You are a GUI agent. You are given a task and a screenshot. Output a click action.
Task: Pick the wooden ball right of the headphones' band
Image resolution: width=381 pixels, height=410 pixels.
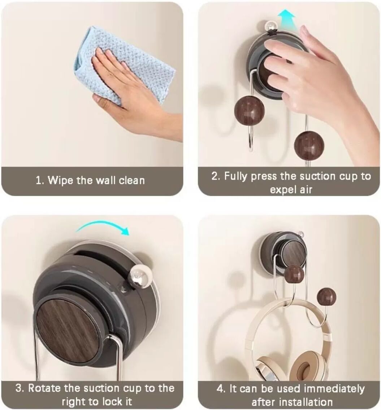tap(326, 297)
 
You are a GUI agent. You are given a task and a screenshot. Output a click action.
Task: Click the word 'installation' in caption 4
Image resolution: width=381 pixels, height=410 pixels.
tap(305, 402)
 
